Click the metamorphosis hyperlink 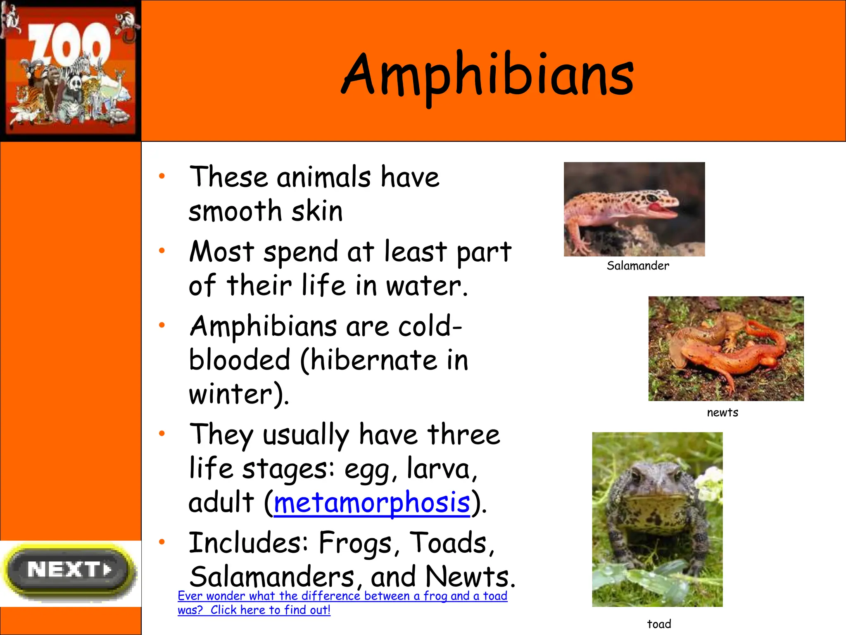(x=372, y=503)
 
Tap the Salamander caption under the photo (x=637, y=266)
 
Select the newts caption (x=722, y=413)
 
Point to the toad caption (x=659, y=624)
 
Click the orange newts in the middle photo (x=727, y=347)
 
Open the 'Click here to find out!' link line (x=270, y=610)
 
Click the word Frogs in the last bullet (x=355, y=543)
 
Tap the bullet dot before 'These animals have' (x=162, y=176)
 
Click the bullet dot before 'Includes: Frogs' (x=162, y=542)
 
